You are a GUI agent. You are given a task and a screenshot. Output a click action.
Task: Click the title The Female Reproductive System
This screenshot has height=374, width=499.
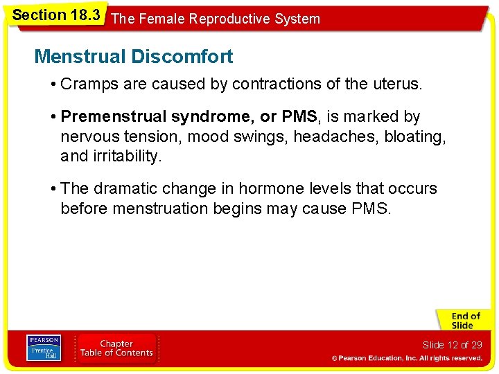click(x=216, y=19)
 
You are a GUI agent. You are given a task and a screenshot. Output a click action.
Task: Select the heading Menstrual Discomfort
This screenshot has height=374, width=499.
click(x=133, y=56)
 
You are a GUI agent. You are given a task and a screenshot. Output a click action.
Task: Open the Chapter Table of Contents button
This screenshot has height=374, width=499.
click(x=116, y=348)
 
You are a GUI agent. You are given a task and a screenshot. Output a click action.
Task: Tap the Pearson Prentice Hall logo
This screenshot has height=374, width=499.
click(x=43, y=348)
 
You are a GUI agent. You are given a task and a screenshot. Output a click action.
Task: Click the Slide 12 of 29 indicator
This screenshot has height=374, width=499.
click(x=452, y=345)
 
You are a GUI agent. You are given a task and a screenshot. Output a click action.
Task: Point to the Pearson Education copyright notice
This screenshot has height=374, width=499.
click(x=406, y=358)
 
